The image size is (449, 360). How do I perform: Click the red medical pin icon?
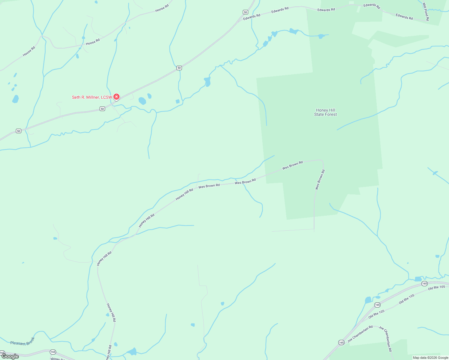(116, 97)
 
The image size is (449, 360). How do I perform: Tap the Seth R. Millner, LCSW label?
(92, 97)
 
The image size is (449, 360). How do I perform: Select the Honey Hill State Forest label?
(325, 112)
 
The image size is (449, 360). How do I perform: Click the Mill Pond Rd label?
(426, 12)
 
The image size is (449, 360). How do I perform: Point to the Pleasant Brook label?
(23, 342)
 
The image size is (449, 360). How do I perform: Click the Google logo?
(10, 356)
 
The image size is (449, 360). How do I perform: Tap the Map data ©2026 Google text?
(430, 358)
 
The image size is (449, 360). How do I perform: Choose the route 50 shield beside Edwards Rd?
(246, 12)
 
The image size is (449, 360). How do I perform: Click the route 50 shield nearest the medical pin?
(102, 109)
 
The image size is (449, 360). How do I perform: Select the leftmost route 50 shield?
(19, 131)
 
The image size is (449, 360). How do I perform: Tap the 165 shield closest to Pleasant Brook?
(53, 352)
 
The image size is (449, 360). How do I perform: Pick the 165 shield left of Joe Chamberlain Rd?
(341, 342)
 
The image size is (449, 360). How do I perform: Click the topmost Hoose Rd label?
(162, 8)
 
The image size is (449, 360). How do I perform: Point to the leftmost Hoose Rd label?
(29, 51)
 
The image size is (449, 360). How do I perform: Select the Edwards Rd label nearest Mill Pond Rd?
(404, 16)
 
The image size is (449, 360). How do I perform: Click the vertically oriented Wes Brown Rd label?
(320, 180)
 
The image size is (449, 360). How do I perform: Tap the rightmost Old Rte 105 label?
(436, 288)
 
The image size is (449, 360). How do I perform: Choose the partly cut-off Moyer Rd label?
(57, 358)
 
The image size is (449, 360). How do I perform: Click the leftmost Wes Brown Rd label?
(209, 186)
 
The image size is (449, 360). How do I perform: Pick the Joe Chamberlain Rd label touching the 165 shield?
(360, 334)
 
